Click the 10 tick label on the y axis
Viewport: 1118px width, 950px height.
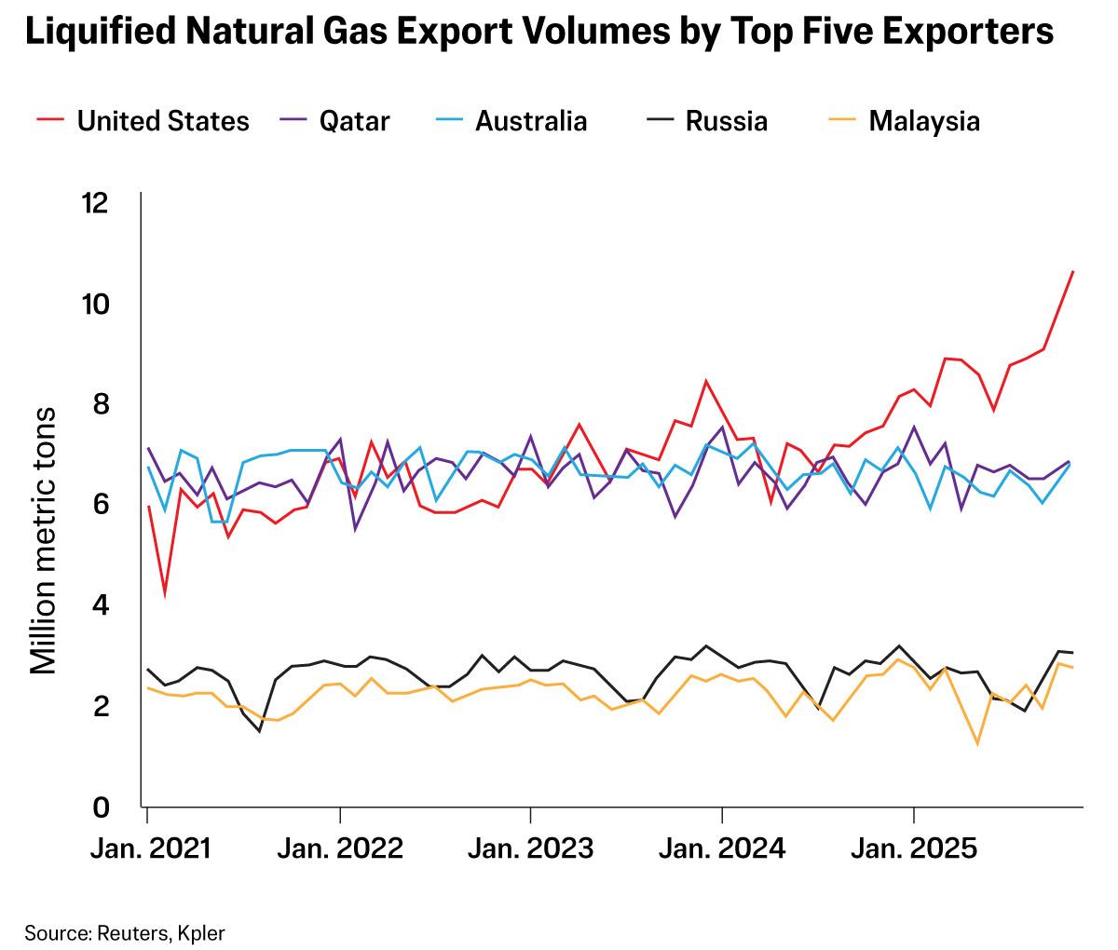pyautogui.click(x=96, y=304)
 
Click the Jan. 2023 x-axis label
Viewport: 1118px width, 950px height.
pyautogui.click(x=530, y=849)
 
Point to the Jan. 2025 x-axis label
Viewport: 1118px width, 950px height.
pyautogui.click(x=913, y=849)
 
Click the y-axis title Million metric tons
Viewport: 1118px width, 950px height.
pyautogui.click(x=44, y=541)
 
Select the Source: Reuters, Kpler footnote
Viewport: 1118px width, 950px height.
pyautogui.click(x=125, y=932)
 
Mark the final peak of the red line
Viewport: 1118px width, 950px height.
pyautogui.click(x=1073, y=271)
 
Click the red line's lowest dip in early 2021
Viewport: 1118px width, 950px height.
pyautogui.click(x=165, y=592)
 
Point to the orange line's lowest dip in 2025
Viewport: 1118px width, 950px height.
pyautogui.click(x=977, y=743)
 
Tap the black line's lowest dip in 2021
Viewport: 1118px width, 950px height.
pyautogui.click(x=259, y=731)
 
